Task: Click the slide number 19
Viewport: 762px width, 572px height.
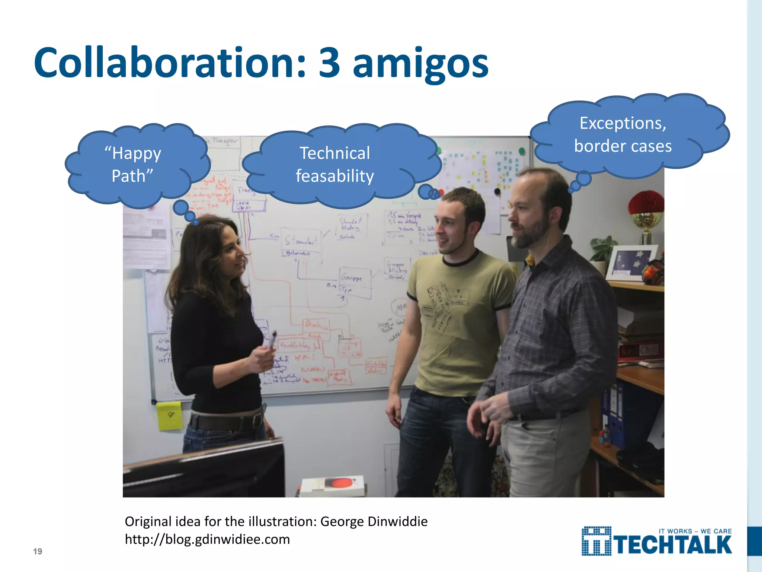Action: point(38,552)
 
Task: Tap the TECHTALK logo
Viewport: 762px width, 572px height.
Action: point(657,542)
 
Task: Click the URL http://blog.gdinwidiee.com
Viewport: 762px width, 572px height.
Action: point(207,539)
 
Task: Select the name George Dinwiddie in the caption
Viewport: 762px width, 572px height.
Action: point(374,521)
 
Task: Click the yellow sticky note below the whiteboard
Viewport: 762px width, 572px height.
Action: point(170,416)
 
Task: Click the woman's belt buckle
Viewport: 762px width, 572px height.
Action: point(257,420)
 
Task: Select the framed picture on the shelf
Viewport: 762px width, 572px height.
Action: point(631,262)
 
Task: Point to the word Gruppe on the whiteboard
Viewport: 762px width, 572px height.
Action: point(351,278)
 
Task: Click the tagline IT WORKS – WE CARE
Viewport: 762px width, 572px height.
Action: point(695,531)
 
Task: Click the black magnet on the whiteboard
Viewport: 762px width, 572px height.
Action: point(497,191)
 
